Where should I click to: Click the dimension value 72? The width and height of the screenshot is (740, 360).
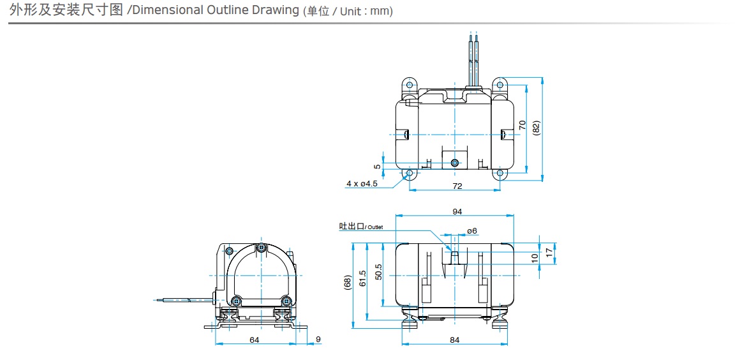pyautogui.click(x=457, y=186)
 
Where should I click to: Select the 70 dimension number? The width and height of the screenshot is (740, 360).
pyautogui.click(x=522, y=125)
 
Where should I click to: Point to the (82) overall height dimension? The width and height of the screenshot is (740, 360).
pyautogui.click(x=536, y=127)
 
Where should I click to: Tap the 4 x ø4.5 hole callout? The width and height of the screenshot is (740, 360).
pyautogui.click(x=362, y=183)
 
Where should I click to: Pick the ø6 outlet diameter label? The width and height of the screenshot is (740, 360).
pyautogui.click(x=472, y=230)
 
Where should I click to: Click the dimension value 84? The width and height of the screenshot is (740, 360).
pyautogui.click(x=454, y=340)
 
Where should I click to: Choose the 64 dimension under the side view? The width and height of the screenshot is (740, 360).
pyautogui.click(x=254, y=340)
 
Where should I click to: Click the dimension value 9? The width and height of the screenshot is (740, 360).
pyautogui.click(x=318, y=340)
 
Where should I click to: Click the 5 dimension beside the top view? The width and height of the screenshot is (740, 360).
pyautogui.click(x=378, y=166)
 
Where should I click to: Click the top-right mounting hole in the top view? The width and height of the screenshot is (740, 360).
pyautogui.click(x=500, y=84)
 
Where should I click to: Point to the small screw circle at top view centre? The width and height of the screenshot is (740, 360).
pyautogui.click(x=454, y=163)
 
